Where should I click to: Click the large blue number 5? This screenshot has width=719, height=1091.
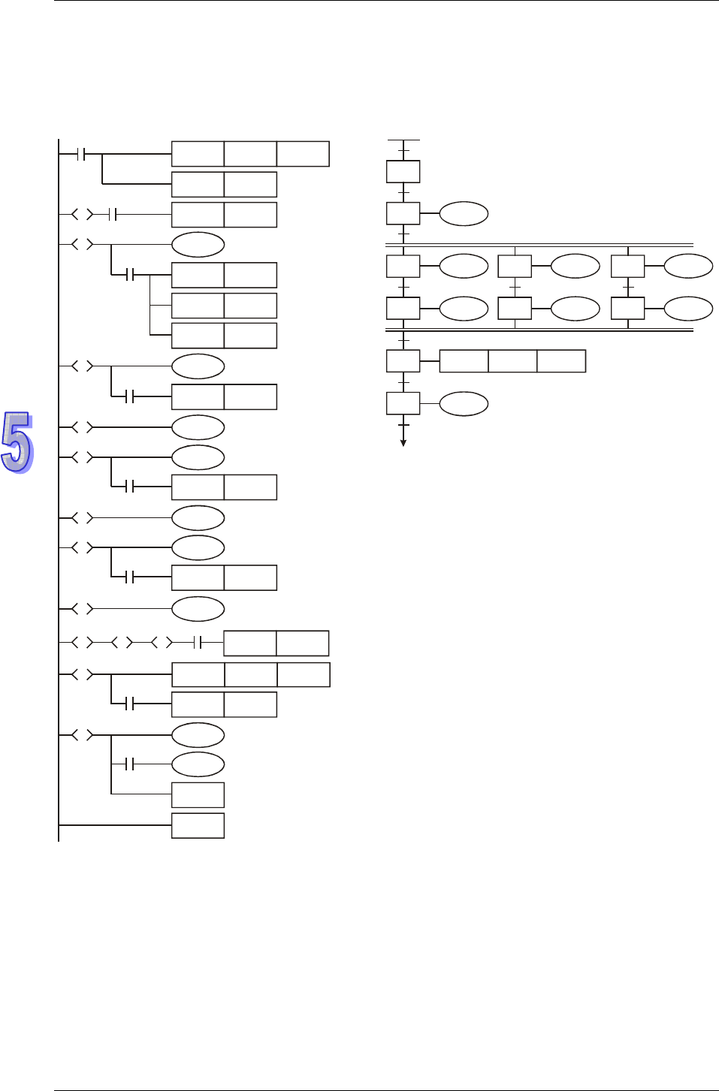(17, 442)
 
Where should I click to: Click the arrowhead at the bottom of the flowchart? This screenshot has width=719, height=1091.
(403, 443)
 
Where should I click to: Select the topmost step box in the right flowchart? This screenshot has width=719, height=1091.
(403, 171)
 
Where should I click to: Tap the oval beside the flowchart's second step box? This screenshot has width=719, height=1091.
(464, 214)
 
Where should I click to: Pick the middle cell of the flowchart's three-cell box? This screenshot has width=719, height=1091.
(512, 361)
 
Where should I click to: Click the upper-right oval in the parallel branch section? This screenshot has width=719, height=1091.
(688, 267)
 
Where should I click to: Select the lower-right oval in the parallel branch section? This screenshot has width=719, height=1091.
(688, 309)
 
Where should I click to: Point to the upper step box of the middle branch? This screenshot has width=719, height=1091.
(515, 267)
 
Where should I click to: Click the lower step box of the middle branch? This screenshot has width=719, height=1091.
(515, 309)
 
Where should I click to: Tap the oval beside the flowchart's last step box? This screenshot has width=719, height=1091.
(464, 404)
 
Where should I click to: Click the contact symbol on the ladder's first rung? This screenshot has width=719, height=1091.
(83, 154)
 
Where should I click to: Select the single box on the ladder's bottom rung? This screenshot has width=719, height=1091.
(198, 825)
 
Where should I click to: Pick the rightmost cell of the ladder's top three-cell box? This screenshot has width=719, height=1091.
(303, 154)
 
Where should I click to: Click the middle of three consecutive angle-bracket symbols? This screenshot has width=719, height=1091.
(122, 643)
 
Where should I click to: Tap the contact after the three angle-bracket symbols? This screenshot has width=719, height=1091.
(198, 643)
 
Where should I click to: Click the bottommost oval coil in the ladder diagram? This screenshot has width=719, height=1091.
(198, 764)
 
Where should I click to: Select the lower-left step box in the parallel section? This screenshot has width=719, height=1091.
(403, 309)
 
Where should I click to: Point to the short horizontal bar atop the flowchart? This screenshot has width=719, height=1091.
(403, 140)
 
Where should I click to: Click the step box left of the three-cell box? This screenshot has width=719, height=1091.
(403, 361)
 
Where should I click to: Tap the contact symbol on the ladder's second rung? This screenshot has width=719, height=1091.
(113, 215)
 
